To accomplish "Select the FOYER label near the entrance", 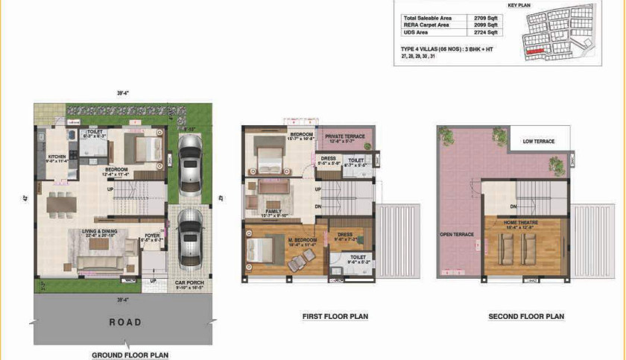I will point(152,236).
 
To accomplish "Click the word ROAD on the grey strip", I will point(125,322).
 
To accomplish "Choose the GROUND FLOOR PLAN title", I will point(130,356).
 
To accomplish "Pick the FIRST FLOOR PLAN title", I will point(335,317).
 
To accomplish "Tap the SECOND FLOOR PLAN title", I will point(526,317).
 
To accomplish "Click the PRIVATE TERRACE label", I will point(344,136).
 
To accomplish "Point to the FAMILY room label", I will point(273,211).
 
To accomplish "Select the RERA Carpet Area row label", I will point(427,25).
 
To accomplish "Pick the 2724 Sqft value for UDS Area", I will point(487,33).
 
